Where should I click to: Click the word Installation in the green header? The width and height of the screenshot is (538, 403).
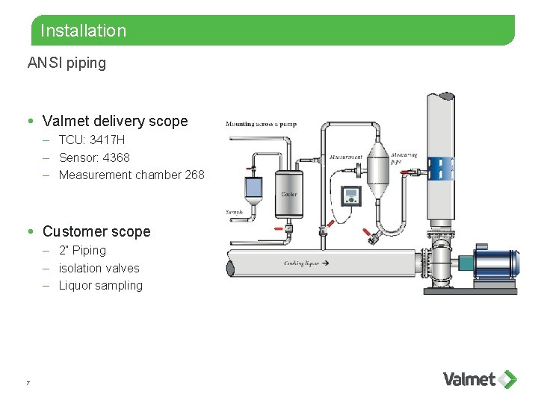(83, 31)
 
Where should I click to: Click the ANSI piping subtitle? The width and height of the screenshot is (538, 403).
(67, 63)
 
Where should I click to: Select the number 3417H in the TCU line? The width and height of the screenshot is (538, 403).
(106, 140)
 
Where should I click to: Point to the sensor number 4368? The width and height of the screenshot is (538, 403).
(117, 157)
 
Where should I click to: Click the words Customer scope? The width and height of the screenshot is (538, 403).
(96, 231)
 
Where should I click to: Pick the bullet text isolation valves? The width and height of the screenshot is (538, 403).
(99, 268)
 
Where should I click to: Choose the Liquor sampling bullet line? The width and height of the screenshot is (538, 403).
(100, 285)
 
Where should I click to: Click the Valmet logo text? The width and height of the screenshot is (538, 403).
(469, 379)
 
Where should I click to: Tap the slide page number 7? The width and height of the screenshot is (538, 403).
(28, 383)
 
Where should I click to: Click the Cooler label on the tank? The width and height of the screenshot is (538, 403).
(288, 195)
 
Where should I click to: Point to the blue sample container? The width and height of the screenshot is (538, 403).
(253, 187)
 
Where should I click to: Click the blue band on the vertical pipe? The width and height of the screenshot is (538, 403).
(441, 168)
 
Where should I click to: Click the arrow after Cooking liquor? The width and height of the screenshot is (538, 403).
(325, 263)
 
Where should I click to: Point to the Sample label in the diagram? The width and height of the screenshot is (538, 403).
(235, 213)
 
